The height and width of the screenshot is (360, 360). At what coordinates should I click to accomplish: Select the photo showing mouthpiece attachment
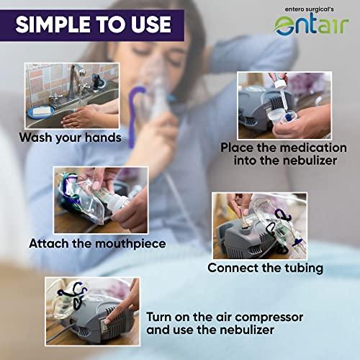[100, 199]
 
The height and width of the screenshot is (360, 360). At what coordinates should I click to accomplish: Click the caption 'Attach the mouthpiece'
[97, 243]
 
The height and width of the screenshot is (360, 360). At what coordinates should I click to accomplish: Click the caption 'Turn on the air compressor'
[225, 317]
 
